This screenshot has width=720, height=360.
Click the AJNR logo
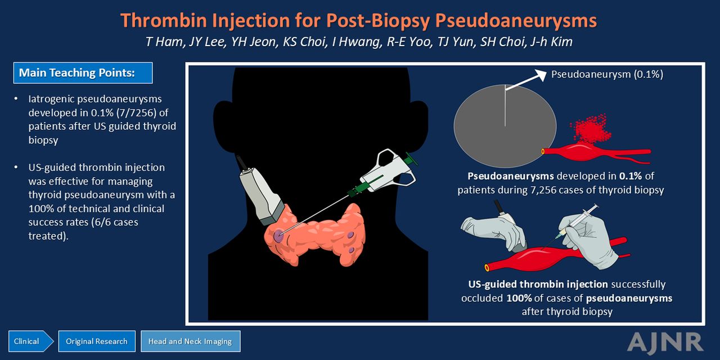tap(665, 342)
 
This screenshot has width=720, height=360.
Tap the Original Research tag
tap(97, 341)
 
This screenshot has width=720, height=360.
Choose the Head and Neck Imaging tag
tap(190, 341)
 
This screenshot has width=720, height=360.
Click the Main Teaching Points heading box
tap(83, 73)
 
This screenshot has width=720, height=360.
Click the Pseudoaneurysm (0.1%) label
tap(607, 74)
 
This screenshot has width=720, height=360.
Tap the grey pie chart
tap(505, 126)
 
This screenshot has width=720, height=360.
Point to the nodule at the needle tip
tap(278, 237)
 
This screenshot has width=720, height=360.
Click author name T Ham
tap(164, 42)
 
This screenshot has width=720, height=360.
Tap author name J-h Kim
tap(551, 42)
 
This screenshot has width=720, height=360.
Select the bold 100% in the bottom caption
tap(519, 298)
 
